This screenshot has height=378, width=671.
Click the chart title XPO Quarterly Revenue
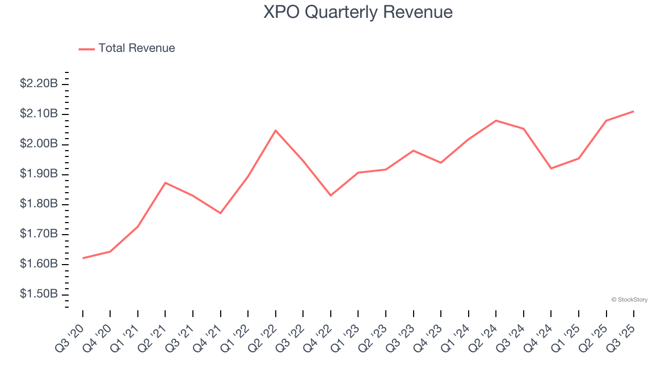tap(358, 12)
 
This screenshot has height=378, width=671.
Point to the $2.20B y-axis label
tap(39, 83)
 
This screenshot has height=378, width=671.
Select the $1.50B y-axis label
tap(39, 293)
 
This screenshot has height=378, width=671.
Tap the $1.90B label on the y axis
tap(39, 174)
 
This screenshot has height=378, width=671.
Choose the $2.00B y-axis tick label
tap(39, 144)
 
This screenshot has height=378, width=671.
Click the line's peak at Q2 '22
tap(276, 130)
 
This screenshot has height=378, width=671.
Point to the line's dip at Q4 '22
tap(331, 195)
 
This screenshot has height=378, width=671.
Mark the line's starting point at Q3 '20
tap(83, 258)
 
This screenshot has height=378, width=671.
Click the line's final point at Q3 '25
tap(634, 111)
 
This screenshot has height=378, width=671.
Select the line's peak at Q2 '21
tap(165, 183)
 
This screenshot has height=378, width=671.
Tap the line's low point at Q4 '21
tap(221, 213)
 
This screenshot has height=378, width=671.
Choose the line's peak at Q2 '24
tap(496, 121)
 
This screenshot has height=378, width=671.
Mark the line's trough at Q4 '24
tap(551, 169)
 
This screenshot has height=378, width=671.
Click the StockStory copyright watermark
tap(629, 300)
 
